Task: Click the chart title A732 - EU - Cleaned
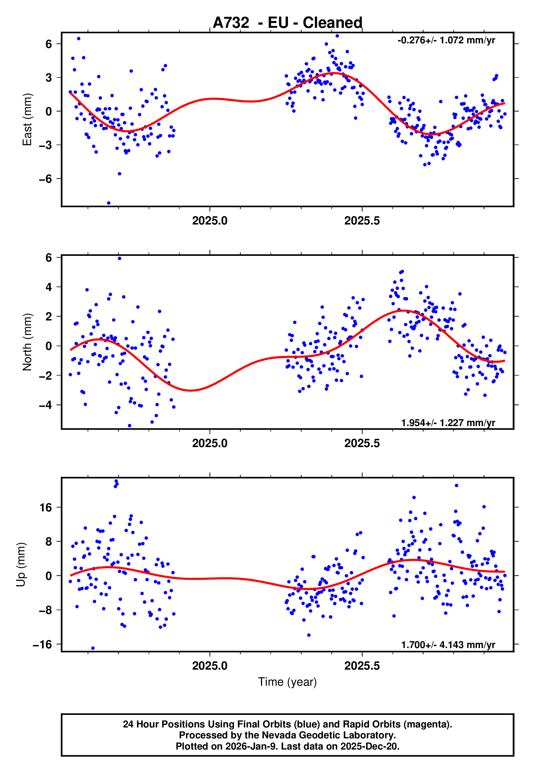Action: tap(287, 23)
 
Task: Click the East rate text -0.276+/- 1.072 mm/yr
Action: tap(446, 41)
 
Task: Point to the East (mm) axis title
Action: tap(27, 119)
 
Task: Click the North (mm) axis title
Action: tap(27, 342)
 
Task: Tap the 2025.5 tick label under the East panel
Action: tap(362, 221)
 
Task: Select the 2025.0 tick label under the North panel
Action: tap(210, 443)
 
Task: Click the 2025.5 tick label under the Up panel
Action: tap(362, 666)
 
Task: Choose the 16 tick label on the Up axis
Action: tap(46, 508)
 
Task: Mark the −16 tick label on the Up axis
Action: tap(43, 644)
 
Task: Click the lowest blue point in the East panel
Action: tap(109, 203)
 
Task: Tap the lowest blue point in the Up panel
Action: tap(93, 648)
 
